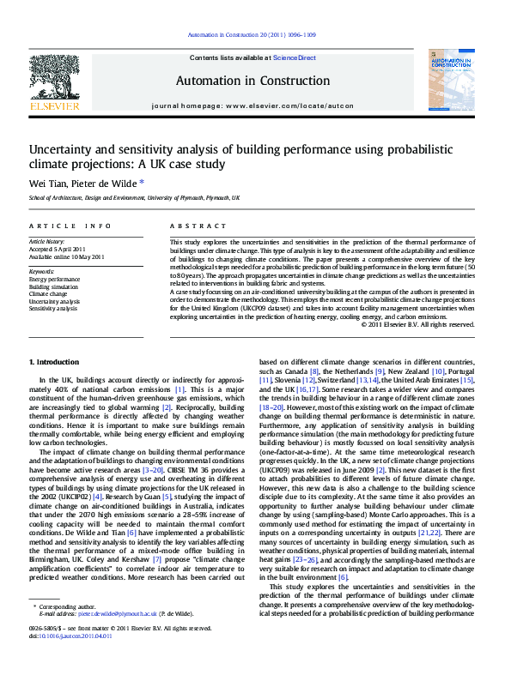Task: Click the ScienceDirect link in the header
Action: (x=295, y=58)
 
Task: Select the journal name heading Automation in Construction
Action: (x=252, y=81)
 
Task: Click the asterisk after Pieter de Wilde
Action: (x=142, y=181)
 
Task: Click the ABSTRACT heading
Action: (x=192, y=226)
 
